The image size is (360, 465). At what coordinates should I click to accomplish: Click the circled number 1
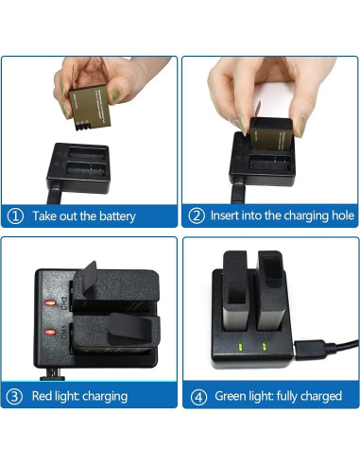(x=16, y=215)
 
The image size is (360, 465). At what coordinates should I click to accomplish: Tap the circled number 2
(x=197, y=215)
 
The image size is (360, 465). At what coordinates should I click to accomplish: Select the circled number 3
(x=16, y=395)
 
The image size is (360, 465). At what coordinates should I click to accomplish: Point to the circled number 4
(x=197, y=395)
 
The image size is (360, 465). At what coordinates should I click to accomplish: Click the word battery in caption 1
(x=115, y=216)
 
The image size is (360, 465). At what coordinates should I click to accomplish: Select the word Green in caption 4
(x=234, y=395)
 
